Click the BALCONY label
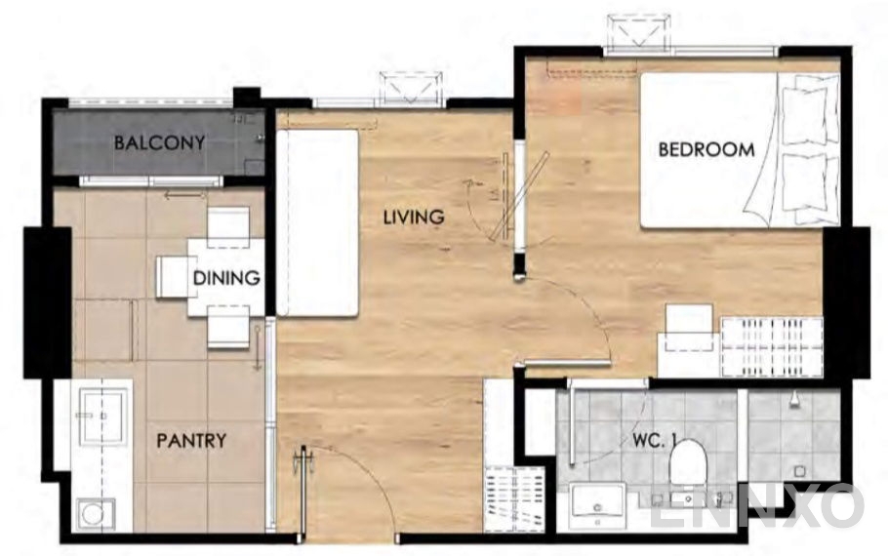pos(159,142)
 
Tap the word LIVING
pos(414,217)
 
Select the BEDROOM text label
pos(706,149)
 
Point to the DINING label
pos(226,278)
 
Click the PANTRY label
pos(191,441)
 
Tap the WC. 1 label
pos(655,441)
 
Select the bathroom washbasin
pos(597,501)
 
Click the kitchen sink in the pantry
pos(101,417)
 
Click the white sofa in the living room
pos(318,222)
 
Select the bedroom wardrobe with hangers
pos(771,347)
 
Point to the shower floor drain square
pos(799,471)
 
